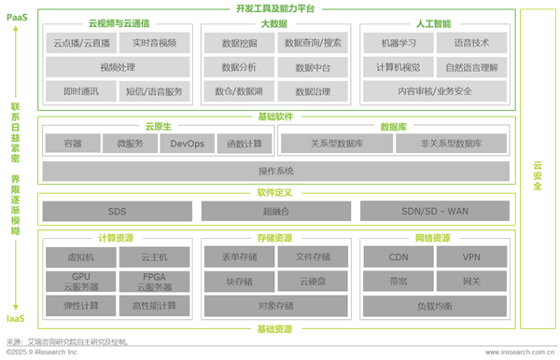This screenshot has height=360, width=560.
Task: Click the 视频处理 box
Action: tap(117, 67)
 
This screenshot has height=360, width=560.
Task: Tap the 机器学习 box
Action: tap(392, 43)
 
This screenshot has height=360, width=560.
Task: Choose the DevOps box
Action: tap(187, 144)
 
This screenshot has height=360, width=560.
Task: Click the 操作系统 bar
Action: tap(275, 172)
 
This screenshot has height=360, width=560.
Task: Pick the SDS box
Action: tap(117, 211)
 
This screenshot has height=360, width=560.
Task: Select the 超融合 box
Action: tap(275, 211)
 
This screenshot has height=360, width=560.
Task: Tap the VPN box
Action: tap(471, 256)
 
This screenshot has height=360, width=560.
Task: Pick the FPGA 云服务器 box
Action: tap(156, 281)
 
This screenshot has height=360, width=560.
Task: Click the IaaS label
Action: tap(15, 318)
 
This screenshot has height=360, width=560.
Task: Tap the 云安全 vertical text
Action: tap(537, 173)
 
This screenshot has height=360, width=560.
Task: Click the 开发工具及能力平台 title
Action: tap(275, 7)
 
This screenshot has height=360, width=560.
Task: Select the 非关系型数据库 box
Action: tap(452, 144)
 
